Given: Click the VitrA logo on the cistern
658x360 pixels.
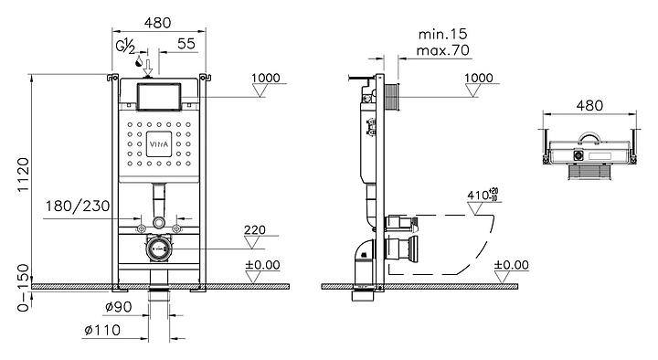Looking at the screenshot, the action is [159, 144].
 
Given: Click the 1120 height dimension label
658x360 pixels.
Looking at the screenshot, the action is [24, 175].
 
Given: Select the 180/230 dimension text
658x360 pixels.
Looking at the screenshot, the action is [78, 206].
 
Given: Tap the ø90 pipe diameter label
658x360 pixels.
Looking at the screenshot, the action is [118, 307].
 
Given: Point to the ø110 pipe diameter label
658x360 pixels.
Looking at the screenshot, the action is [102, 330].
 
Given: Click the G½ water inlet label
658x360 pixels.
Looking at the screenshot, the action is [125, 46].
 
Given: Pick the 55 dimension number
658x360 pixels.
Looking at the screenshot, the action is [186, 43].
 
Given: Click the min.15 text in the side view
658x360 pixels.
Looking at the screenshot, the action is [442, 34].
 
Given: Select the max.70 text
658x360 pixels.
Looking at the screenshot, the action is [442, 50].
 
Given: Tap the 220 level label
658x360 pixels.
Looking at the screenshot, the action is [255, 229].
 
